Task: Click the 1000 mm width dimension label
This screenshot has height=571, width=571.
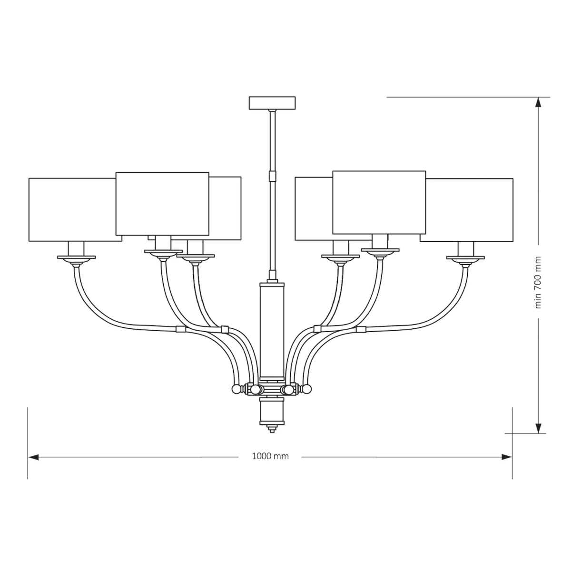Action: [x=270, y=456]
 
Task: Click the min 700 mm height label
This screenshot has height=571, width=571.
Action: [x=538, y=282]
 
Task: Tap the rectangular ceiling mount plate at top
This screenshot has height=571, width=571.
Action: [x=272, y=103]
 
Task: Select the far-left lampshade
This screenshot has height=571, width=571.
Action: [x=75, y=209]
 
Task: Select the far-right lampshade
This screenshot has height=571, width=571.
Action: [x=466, y=210]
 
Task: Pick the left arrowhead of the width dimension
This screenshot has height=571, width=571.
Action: [x=33, y=457]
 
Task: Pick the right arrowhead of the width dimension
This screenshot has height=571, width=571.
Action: [x=507, y=457]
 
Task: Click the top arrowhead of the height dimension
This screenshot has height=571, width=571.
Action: [x=539, y=102]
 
